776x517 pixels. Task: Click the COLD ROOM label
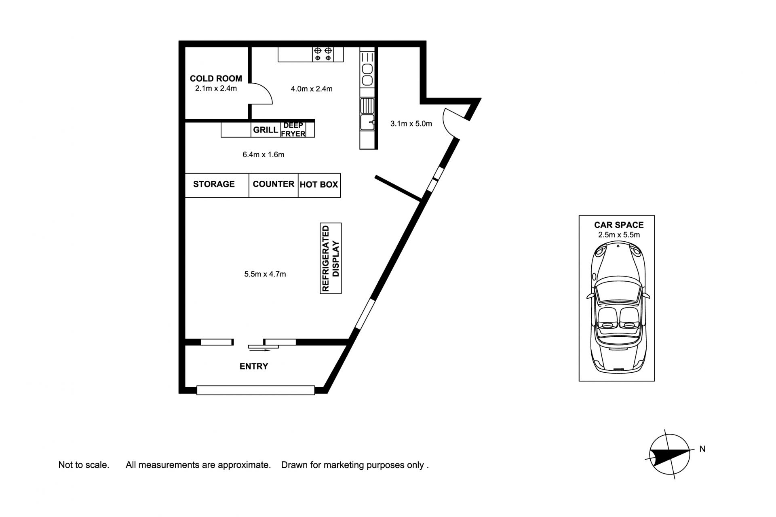[x=216, y=78]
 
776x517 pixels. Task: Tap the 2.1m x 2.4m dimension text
[x=216, y=88]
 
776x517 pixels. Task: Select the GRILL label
[x=266, y=130]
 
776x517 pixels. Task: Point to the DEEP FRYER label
[x=293, y=130]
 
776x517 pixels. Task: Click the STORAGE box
[x=217, y=186]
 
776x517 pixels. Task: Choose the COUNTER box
[x=274, y=186]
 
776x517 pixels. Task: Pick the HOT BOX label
[x=319, y=185]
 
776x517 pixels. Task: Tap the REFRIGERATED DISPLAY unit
[x=331, y=258]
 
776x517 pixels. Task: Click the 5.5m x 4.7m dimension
[x=265, y=274]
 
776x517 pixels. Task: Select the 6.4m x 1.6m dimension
[x=264, y=154]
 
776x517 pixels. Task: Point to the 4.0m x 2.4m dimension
[x=312, y=89]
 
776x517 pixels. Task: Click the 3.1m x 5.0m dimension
[x=411, y=124]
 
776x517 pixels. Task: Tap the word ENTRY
[x=254, y=366]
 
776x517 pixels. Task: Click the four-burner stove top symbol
[x=323, y=55]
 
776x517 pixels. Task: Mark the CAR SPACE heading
[x=619, y=225]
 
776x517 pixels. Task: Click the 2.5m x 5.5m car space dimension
[x=619, y=235]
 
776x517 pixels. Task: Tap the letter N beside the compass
[x=702, y=449]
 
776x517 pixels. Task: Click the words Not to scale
[x=84, y=465]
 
